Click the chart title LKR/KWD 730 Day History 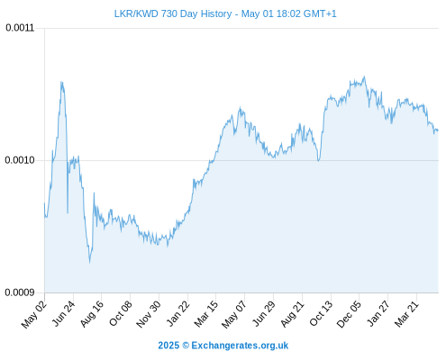click(173, 13)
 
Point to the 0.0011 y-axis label click(20, 28)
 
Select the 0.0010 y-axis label click(20, 160)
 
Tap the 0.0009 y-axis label click(20, 292)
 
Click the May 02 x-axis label click(34, 314)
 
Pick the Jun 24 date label click(63, 313)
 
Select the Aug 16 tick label click(92, 314)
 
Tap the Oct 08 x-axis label click(121, 313)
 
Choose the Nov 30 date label click(149, 314)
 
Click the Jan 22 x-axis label click(178, 313)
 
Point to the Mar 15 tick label click(206, 314)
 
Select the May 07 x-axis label click(234, 314)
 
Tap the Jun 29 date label click(264, 313)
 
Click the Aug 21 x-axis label click(293, 314)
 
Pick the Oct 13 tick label click(321, 313)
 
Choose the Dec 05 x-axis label click(349, 314)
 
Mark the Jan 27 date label click(378, 313)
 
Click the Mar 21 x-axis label click(406, 313)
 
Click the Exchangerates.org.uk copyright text click(223, 346)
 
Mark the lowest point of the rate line click(89, 263)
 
